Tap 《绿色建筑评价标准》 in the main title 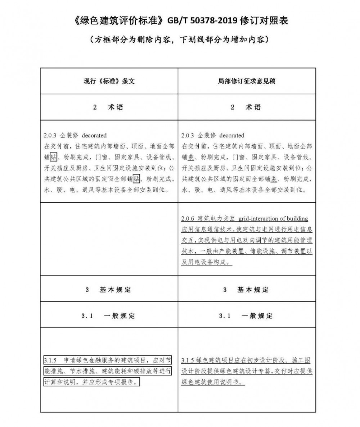tap(117, 21)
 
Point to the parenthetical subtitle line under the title tap(180, 39)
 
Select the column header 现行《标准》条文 tap(109, 81)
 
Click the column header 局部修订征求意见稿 tap(247, 81)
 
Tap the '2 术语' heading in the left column tap(109, 108)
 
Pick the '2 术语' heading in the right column tap(247, 108)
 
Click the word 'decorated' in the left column tap(94, 136)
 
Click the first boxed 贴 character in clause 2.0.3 tap(53, 157)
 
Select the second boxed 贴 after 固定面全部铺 tap(136, 178)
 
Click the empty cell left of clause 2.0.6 tap(109, 239)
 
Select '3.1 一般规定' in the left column tap(109, 316)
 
